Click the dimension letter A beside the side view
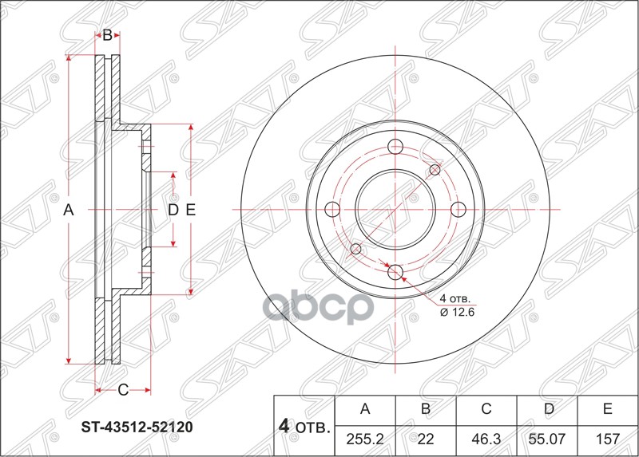click(x=69, y=211)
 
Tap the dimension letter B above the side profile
click(x=107, y=36)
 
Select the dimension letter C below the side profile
click(x=123, y=390)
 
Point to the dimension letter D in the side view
click(x=172, y=211)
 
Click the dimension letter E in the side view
click(x=190, y=211)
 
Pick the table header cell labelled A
click(x=365, y=410)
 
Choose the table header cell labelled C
click(x=486, y=410)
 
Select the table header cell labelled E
click(x=607, y=410)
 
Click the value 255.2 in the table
click(x=365, y=439)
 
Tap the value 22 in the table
click(x=426, y=439)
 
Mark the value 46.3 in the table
click(x=486, y=439)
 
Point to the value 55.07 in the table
click(x=546, y=439)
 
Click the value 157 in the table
click(x=607, y=439)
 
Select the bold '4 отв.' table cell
click(x=304, y=425)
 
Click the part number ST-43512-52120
click(x=137, y=427)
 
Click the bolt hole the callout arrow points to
click(x=394, y=272)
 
